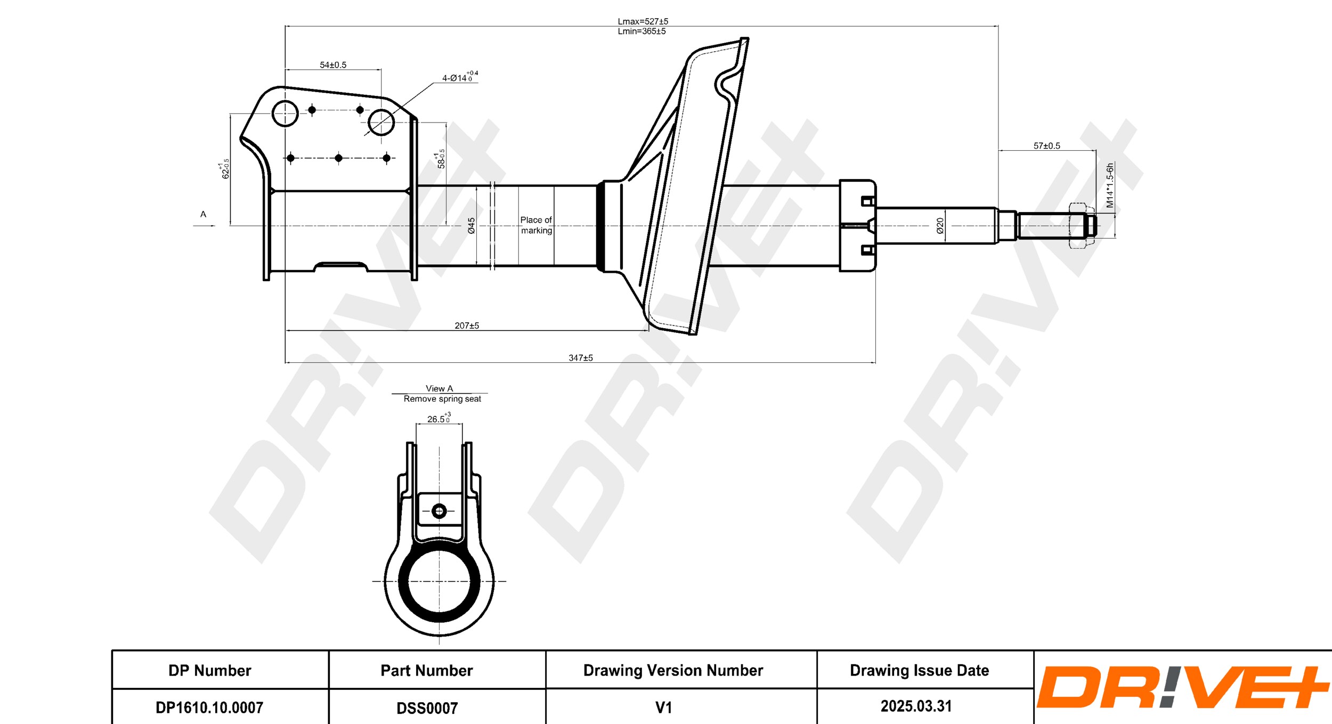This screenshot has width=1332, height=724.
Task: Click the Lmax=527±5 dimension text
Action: point(643,21)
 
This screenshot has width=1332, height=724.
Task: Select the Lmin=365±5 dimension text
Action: point(641,31)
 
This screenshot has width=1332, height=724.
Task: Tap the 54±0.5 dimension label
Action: point(333,65)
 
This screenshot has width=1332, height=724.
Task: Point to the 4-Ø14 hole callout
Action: point(460,77)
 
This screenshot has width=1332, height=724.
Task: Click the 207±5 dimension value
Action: point(467,326)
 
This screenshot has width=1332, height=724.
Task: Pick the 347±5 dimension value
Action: point(581,358)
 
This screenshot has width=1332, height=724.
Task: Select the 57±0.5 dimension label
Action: point(1047,146)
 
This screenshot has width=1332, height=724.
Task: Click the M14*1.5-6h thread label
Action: point(1110,185)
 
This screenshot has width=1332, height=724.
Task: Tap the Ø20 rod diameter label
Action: point(940,226)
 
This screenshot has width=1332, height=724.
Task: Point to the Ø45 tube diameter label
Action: point(472,226)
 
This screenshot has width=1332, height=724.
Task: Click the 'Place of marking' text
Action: point(536,225)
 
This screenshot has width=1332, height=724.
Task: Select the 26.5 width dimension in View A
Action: point(439,419)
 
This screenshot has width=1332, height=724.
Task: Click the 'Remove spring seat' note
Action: point(442,399)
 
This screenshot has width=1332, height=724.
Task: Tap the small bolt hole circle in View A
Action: point(439,511)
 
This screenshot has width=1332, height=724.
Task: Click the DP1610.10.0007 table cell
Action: point(209,707)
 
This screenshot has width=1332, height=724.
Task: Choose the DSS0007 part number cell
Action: point(427,708)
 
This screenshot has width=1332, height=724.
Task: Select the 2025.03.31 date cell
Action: point(916,706)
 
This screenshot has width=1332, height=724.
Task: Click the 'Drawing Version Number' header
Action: point(673,670)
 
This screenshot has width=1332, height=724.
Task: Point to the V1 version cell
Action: point(664,707)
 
